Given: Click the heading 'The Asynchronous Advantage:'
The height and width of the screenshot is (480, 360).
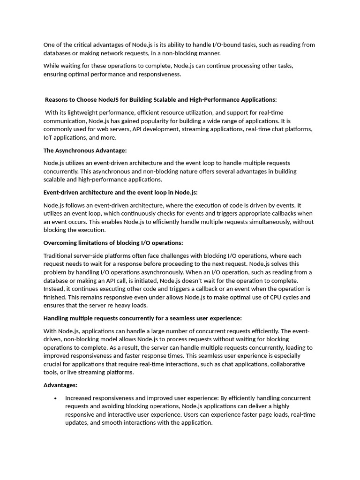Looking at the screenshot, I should tap(85, 150).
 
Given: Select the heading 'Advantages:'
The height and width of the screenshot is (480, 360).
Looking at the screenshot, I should tap(60, 385).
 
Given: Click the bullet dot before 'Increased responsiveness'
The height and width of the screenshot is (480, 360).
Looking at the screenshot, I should tap(56, 398).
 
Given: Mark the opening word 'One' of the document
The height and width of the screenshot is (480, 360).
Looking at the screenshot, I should tap(49, 45).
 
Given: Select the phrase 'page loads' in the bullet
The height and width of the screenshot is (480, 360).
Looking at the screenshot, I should tap(257, 415).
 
